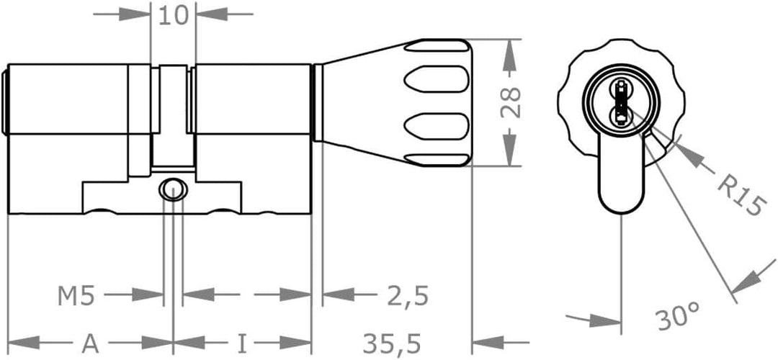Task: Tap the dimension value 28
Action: click(x=510, y=103)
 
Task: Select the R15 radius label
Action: click(x=739, y=197)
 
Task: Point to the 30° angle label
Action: click(x=678, y=318)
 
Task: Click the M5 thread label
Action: click(x=76, y=297)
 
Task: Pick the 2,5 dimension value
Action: click(x=408, y=297)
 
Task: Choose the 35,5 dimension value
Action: click(x=392, y=343)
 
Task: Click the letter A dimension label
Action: click(x=90, y=343)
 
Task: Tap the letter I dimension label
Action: click(x=241, y=343)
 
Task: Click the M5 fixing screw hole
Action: click(x=173, y=189)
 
